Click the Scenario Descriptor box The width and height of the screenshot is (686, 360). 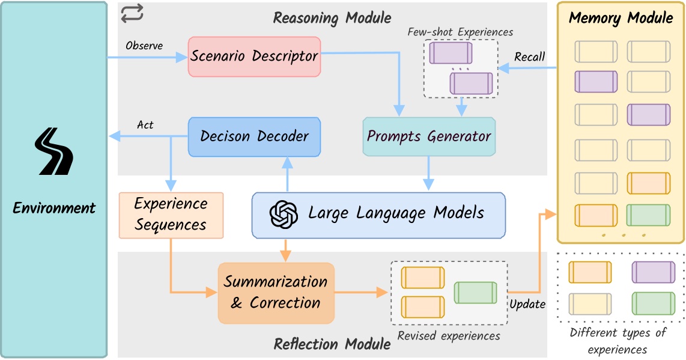point(255,56)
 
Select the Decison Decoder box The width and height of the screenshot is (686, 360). point(255,136)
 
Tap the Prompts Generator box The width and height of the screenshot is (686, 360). point(429,136)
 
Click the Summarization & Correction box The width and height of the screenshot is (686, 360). point(276,292)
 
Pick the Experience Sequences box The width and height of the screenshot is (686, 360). point(171,215)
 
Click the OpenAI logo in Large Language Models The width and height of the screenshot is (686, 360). point(284,214)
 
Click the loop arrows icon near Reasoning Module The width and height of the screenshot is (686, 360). point(132,13)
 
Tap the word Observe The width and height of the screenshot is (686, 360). point(144,46)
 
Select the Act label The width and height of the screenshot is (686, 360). point(145,125)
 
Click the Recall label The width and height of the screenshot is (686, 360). point(529,57)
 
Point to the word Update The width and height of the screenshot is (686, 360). point(527,304)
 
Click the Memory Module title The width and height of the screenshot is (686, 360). point(621,17)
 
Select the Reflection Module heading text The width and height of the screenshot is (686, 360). point(332,344)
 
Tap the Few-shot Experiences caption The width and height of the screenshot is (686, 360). point(460,32)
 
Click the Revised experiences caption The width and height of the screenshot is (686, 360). point(449,336)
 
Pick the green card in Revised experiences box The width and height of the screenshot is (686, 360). point(475,292)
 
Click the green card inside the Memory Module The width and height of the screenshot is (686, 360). point(648,215)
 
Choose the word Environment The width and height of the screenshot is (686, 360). point(54,209)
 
